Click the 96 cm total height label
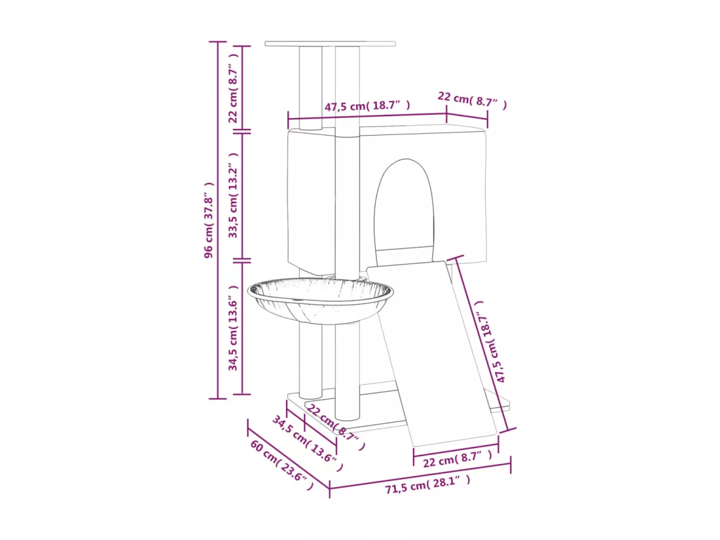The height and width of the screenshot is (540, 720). (208, 220)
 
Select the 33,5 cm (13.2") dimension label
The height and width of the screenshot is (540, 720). (233, 195)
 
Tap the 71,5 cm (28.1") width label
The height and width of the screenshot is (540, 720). (428, 484)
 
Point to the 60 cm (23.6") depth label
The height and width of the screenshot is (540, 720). (282, 465)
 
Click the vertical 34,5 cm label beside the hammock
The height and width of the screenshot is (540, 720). (233, 328)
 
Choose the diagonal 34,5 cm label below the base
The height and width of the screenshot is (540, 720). (308, 444)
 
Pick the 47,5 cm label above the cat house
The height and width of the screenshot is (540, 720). (367, 106)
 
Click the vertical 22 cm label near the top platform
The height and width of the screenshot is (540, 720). (233, 88)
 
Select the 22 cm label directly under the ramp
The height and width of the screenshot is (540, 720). (458, 459)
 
